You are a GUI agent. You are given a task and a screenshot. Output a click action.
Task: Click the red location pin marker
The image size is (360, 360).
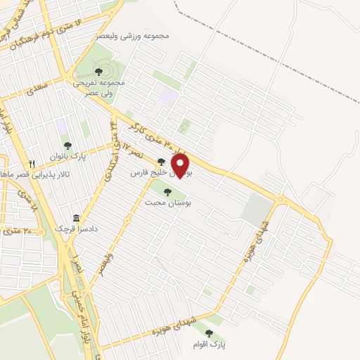click(x=181, y=165)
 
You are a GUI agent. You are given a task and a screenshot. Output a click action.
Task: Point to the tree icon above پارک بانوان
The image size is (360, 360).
click(x=67, y=146)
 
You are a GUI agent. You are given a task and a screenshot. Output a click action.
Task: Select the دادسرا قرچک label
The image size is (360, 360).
click(x=77, y=229)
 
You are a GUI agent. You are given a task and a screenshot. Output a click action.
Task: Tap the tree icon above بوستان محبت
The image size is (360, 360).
click(x=169, y=191)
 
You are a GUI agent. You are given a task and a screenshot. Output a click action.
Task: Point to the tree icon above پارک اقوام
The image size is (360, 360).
click(x=208, y=333)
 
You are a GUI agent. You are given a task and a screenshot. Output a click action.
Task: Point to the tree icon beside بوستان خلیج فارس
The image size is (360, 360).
click(x=162, y=162)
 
